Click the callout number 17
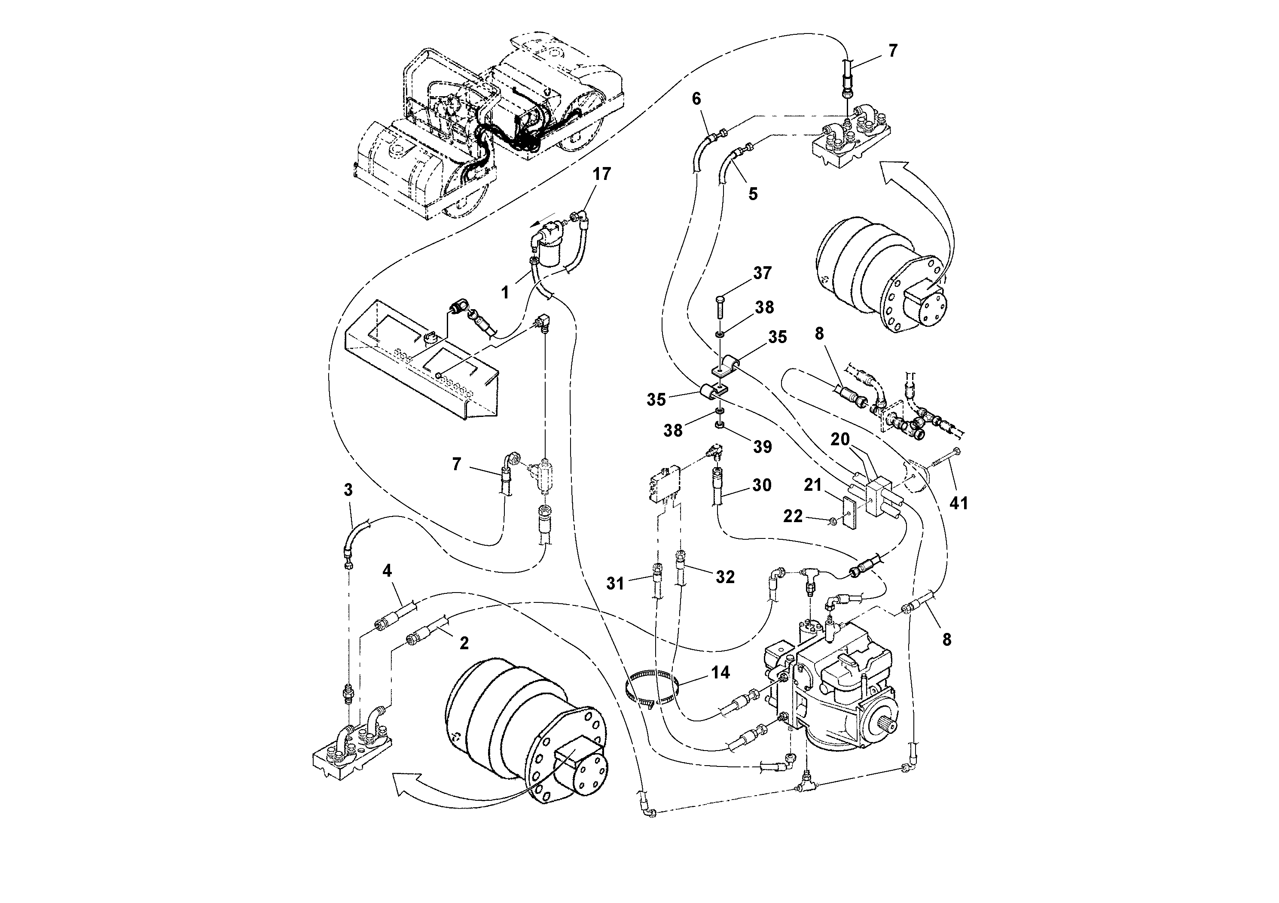[x=601, y=174]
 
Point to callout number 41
[x=958, y=503]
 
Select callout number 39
[x=762, y=447]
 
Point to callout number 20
[x=840, y=439]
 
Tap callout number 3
[x=348, y=490]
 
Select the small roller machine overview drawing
[x=490, y=128]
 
